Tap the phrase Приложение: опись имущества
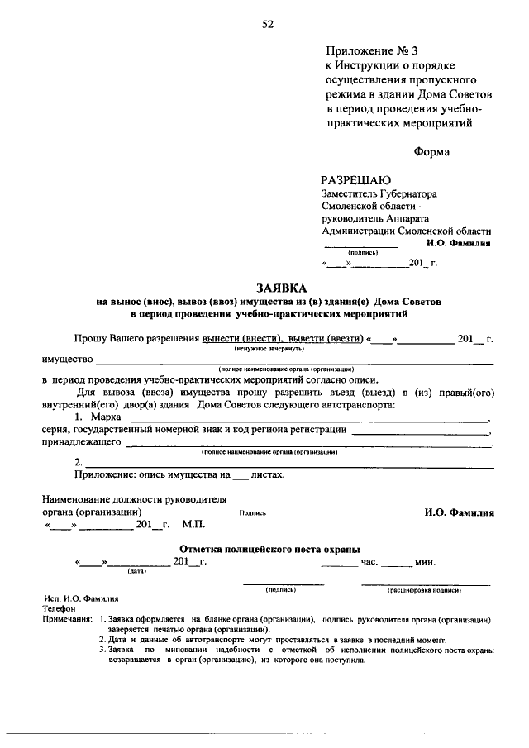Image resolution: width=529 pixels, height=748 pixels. click(145, 475)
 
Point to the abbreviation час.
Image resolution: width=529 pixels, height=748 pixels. click(369, 562)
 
